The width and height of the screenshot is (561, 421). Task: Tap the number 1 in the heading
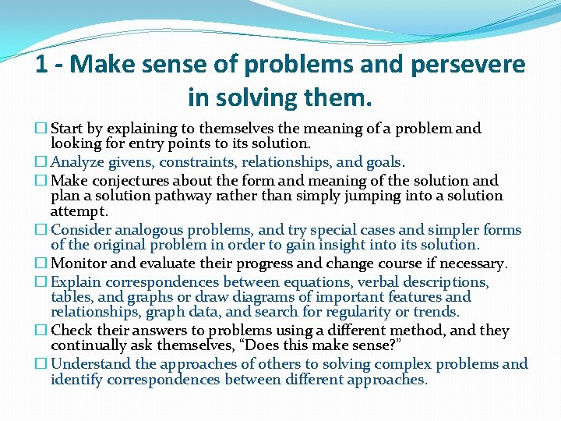(42, 64)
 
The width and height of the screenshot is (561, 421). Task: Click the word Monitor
(78, 264)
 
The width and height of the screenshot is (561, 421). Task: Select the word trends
(438, 313)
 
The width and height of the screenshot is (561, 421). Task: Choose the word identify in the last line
(77, 380)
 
